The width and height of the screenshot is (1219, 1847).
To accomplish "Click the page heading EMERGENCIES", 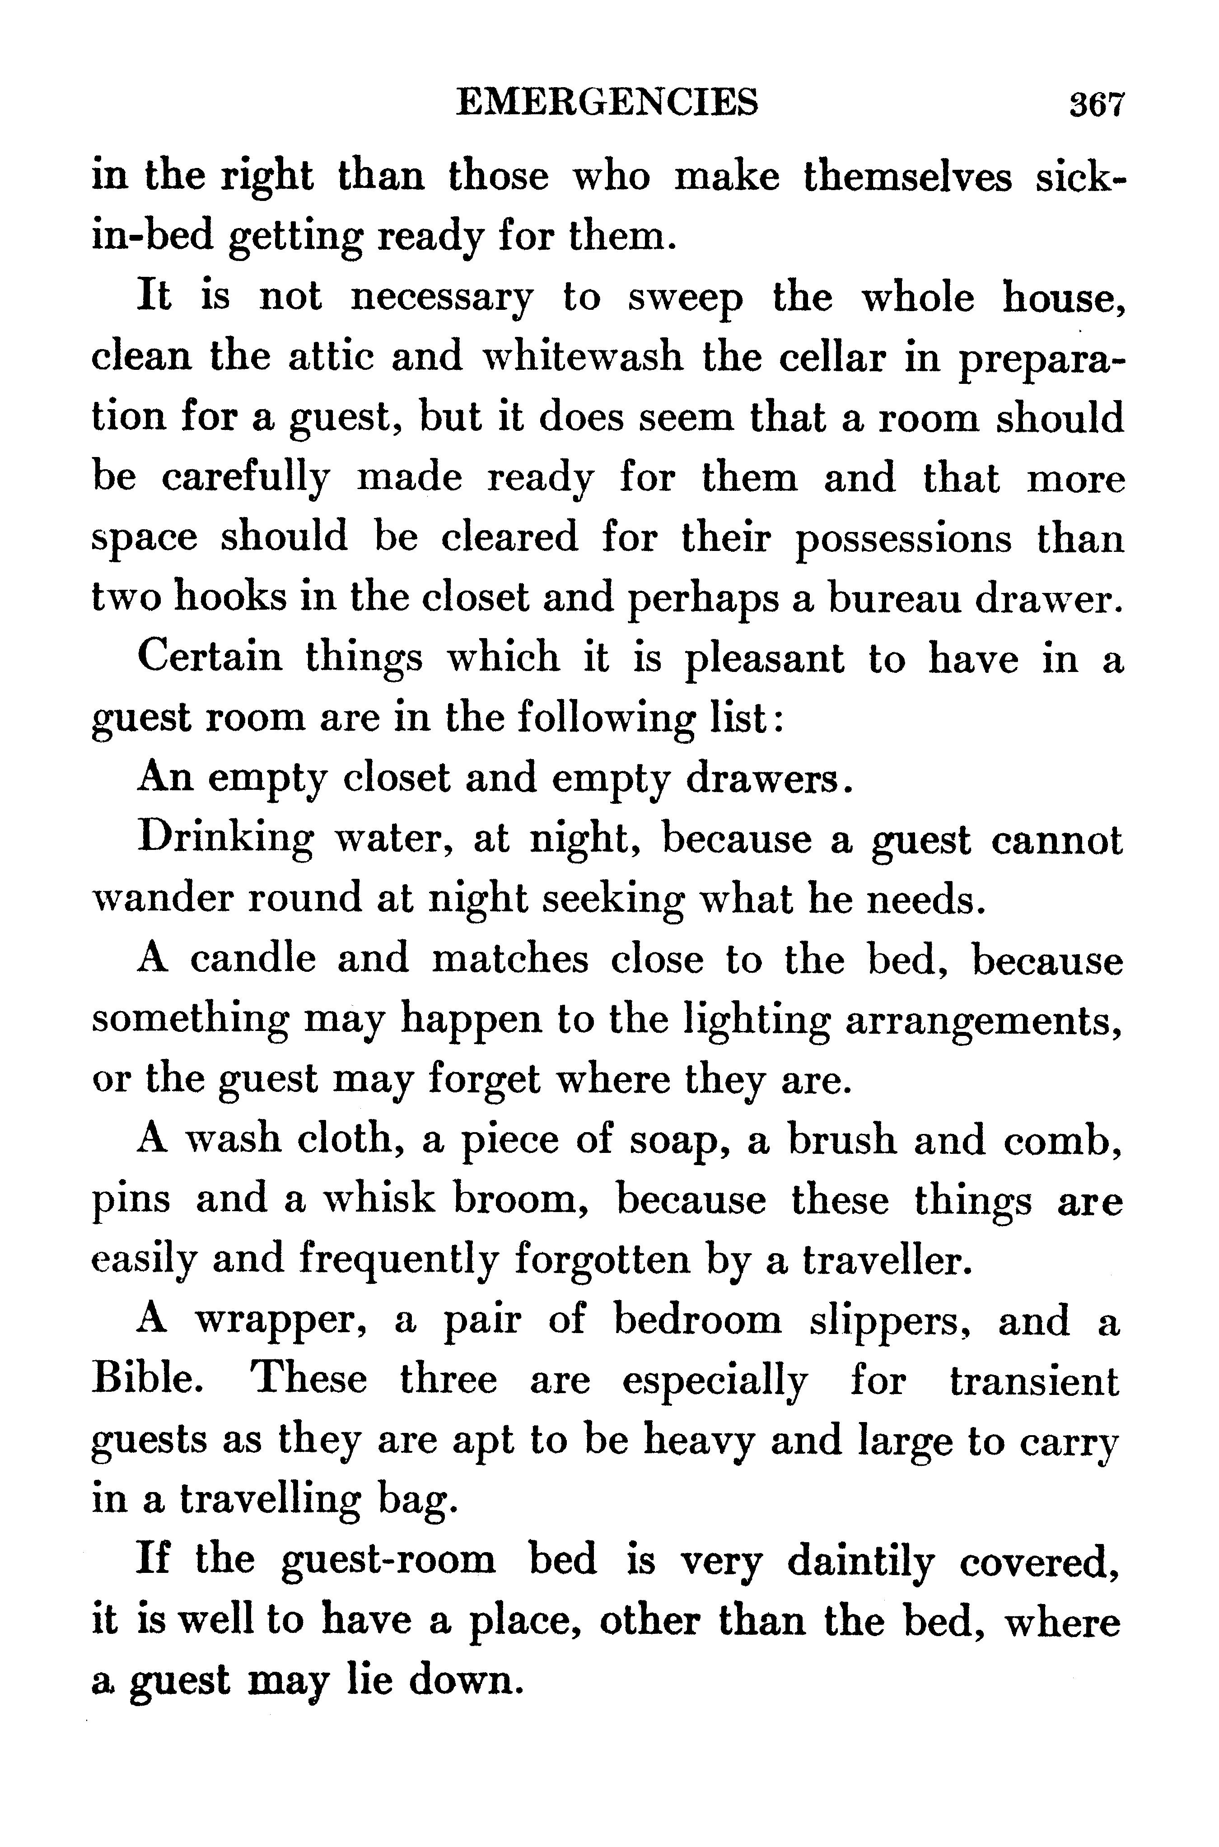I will click(607, 102).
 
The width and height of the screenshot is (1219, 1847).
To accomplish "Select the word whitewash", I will click(583, 357).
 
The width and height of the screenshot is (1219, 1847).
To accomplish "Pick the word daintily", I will click(859, 1561).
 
